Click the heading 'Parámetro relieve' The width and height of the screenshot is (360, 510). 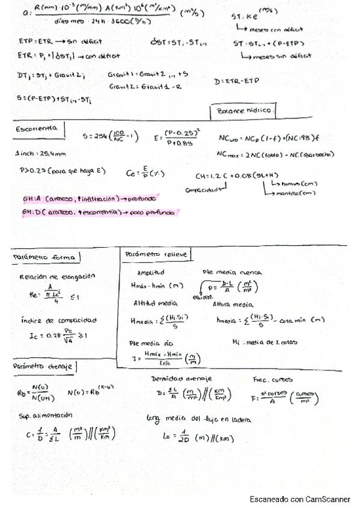[x=156, y=254]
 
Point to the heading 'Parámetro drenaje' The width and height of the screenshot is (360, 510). [x=46, y=366]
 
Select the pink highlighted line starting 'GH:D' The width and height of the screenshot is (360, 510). [x=96, y=212]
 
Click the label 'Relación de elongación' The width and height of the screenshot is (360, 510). [x=58, y=276]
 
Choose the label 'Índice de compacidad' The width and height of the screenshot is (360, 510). [x=59, y=320]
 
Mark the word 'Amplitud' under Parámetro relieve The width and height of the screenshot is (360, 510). [x=151, y=272]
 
